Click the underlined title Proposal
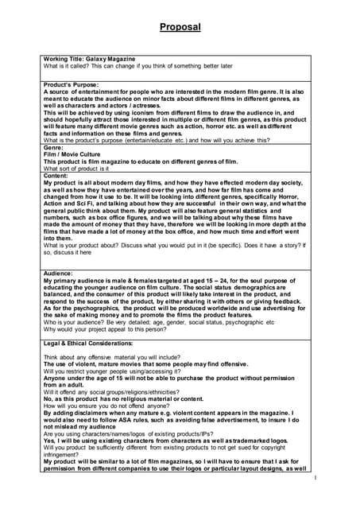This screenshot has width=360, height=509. [180, 27]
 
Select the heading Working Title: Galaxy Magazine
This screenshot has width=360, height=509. [89, 59]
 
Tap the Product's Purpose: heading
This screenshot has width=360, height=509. [72, 84]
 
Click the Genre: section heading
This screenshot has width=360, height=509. [53, 148]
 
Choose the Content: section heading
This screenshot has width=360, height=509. [57, 175]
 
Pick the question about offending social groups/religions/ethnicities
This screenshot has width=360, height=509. [123, 392]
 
